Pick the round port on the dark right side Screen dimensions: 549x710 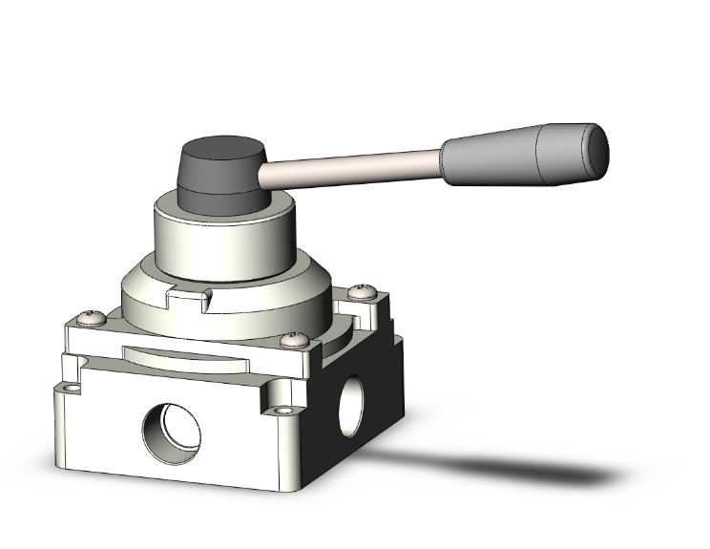point(354,396)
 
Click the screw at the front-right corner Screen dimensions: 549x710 point(296,339)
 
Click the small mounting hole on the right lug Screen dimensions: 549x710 point(283,412)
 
